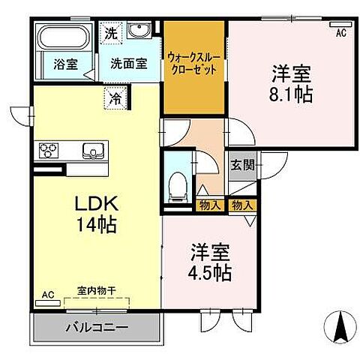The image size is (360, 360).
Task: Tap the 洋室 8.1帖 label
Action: (x=289, y=84)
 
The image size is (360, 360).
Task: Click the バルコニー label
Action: (x=94, y=328)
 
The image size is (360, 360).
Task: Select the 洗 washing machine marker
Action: (x=111, y=32)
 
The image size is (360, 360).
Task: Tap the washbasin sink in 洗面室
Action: (x=139, y=31)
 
